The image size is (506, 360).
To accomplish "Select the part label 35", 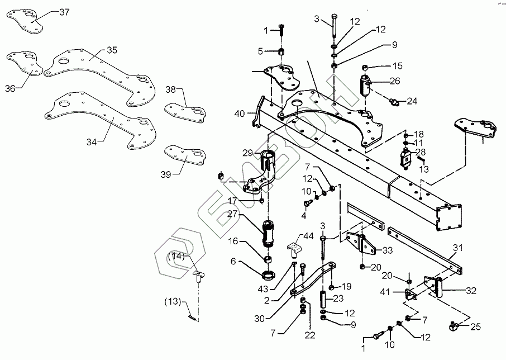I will (112, 50).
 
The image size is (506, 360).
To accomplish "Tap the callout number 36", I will (11, 88).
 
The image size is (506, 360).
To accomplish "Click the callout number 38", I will (170, 89).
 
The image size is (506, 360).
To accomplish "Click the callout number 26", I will (394, 81).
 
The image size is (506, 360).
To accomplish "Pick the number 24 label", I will (412, 101).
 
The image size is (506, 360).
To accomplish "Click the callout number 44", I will (309, 237).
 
